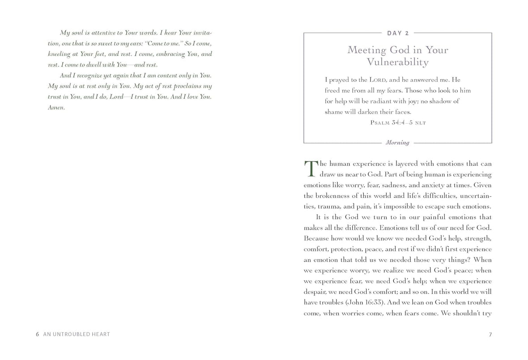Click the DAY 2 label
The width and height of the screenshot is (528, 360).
click(397, 33)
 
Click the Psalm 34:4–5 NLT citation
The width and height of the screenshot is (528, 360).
click(398, 122)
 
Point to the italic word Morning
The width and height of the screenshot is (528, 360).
click(397, 143)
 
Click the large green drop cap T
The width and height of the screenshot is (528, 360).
click(310, 168)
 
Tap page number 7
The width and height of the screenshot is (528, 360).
click(490, 334)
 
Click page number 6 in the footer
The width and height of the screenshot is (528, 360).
click(38, 334)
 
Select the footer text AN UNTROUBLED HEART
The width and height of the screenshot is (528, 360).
click(77, 334)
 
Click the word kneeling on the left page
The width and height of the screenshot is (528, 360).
click(60, 54)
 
